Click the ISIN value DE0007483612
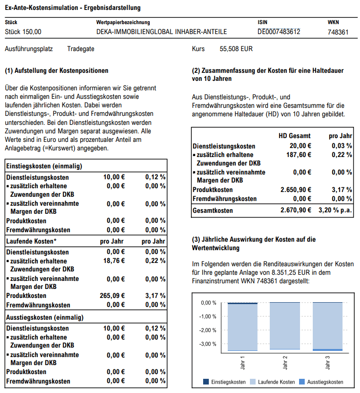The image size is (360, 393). tap(279, 32)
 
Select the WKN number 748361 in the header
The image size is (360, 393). tap(338, 32)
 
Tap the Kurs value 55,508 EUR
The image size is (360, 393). tap(236, 49)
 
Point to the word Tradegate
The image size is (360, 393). tap(81, 49)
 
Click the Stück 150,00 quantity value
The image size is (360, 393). tap(23, 32)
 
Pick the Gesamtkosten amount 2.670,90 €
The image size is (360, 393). tap(296, 210)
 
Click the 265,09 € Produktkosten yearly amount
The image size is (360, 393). tap(112, 296)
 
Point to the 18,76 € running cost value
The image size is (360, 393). tap(114, 261)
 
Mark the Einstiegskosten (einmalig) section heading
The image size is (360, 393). tap(44, 166)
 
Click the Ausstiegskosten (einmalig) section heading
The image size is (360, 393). tap(45, 317)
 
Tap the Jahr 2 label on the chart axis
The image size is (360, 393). tap(285, 363)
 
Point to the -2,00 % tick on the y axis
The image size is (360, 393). tap(208, 330)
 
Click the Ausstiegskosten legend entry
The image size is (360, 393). tap(321, 382)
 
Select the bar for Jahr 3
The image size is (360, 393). tap(327, 326)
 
